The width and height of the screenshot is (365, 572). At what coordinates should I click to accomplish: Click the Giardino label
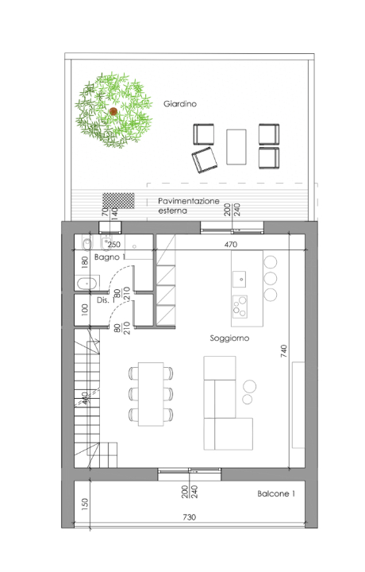tap(180, 104)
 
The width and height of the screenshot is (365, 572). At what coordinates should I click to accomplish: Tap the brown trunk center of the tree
tap(113, 110)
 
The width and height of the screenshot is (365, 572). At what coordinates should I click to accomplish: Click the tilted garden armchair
tap(205, 160)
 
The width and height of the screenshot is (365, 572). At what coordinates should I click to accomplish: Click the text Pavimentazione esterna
tap(189, 207)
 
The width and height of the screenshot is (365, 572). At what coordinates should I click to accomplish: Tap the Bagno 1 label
tap(109, 258)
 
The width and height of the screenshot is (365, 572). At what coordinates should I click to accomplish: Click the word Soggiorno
tap(230, 338)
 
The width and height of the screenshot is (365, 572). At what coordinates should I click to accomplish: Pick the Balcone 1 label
tap(276, 494)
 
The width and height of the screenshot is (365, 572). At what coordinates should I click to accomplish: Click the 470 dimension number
tap(231, 245)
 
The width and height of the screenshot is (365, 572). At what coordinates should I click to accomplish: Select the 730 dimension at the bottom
tap(189, 517)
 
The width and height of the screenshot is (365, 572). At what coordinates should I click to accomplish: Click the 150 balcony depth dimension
tap(85, 504)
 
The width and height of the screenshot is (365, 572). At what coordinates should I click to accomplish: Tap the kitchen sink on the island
tap(239, 277)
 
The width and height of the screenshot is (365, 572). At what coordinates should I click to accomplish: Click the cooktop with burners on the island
tap(239, 306)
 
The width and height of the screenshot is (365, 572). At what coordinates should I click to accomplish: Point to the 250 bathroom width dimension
tap(113, 245)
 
